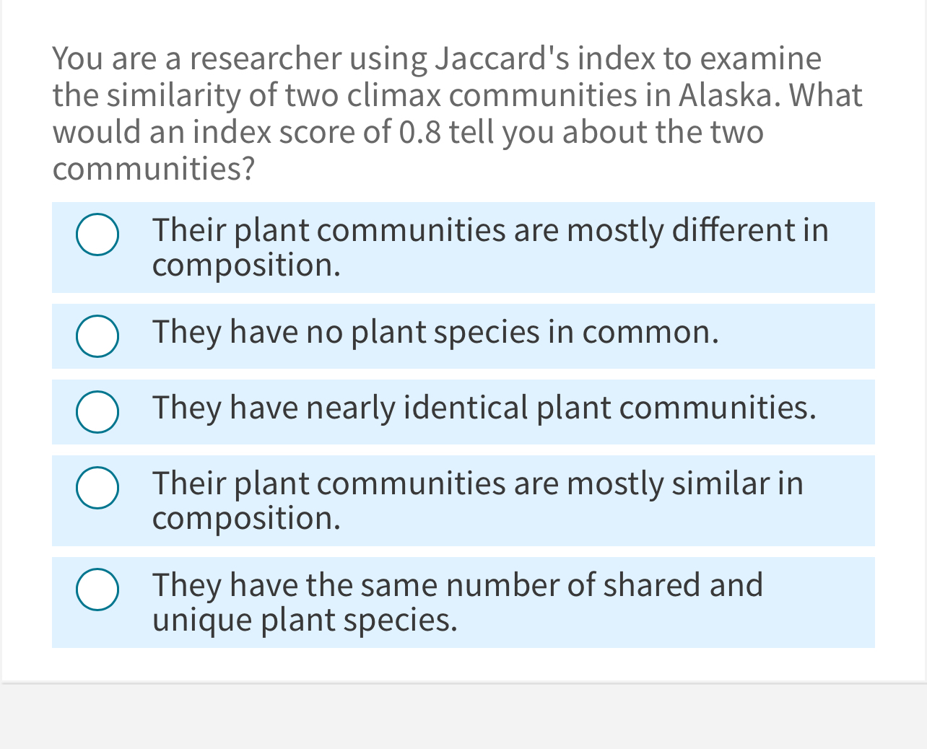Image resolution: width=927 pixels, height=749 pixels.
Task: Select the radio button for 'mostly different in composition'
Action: coord(97,235)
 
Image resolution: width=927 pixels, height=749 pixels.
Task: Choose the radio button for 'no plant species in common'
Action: coord(97,336)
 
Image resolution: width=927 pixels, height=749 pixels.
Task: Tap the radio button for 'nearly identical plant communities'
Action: coord(97,412)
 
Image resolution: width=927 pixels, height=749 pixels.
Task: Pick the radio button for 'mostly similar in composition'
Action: coord(97,488)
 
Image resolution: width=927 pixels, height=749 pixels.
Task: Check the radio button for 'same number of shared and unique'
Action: coord(97,590)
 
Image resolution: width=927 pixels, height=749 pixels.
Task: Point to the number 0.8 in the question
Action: coord(419,133)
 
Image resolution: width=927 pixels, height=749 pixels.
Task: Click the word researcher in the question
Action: coord(265,59)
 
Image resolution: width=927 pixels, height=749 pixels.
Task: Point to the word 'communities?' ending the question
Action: coord(154,170)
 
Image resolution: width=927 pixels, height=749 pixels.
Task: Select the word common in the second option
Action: coord(650,333)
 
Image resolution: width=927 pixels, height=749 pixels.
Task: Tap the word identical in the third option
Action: coord(466,408)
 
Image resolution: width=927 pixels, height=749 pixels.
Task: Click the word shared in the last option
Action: coord(652,585)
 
